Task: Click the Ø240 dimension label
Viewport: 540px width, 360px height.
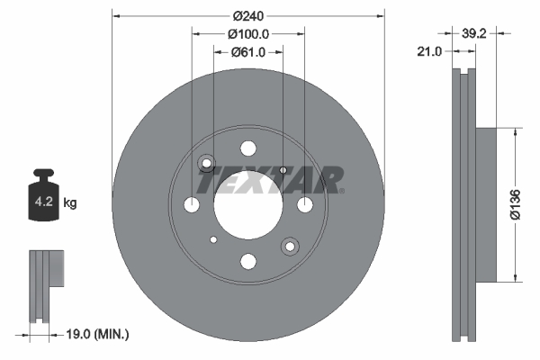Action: [247, 16]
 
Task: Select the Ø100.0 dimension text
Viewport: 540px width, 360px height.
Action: [247, 34]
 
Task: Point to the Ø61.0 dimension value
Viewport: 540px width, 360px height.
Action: [247, 51]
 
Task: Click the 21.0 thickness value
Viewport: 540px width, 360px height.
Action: [430, 52]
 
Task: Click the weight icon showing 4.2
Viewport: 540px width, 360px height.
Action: [42, 196]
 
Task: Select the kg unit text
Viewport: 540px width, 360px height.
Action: [70, 203]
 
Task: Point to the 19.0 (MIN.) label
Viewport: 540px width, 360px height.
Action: [100, 334]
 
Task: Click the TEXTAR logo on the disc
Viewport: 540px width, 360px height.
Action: [269, 179]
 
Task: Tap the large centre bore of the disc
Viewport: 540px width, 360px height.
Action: [247, 204]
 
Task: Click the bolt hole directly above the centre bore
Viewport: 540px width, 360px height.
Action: [247, 148]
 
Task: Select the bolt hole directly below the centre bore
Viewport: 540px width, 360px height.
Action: [247, 261]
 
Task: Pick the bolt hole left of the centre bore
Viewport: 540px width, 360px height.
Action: [191, 204]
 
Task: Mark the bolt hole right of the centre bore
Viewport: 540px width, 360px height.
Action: [304, 204]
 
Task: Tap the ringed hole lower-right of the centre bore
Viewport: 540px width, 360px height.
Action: [290, 246]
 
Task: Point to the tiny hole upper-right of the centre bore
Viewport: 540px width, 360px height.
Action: [283, 169]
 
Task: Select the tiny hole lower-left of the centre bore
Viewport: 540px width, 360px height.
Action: [212, 240]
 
